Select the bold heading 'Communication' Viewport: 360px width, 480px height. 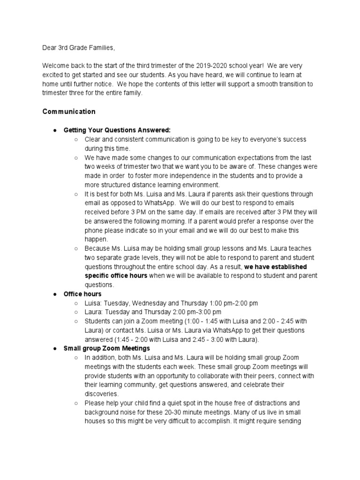[69, 112]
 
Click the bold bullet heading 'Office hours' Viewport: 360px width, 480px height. [82, 294]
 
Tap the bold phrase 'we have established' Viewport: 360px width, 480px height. [276, 267]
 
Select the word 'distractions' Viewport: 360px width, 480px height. [270, 403]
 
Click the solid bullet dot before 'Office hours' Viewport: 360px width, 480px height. [55, 294]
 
